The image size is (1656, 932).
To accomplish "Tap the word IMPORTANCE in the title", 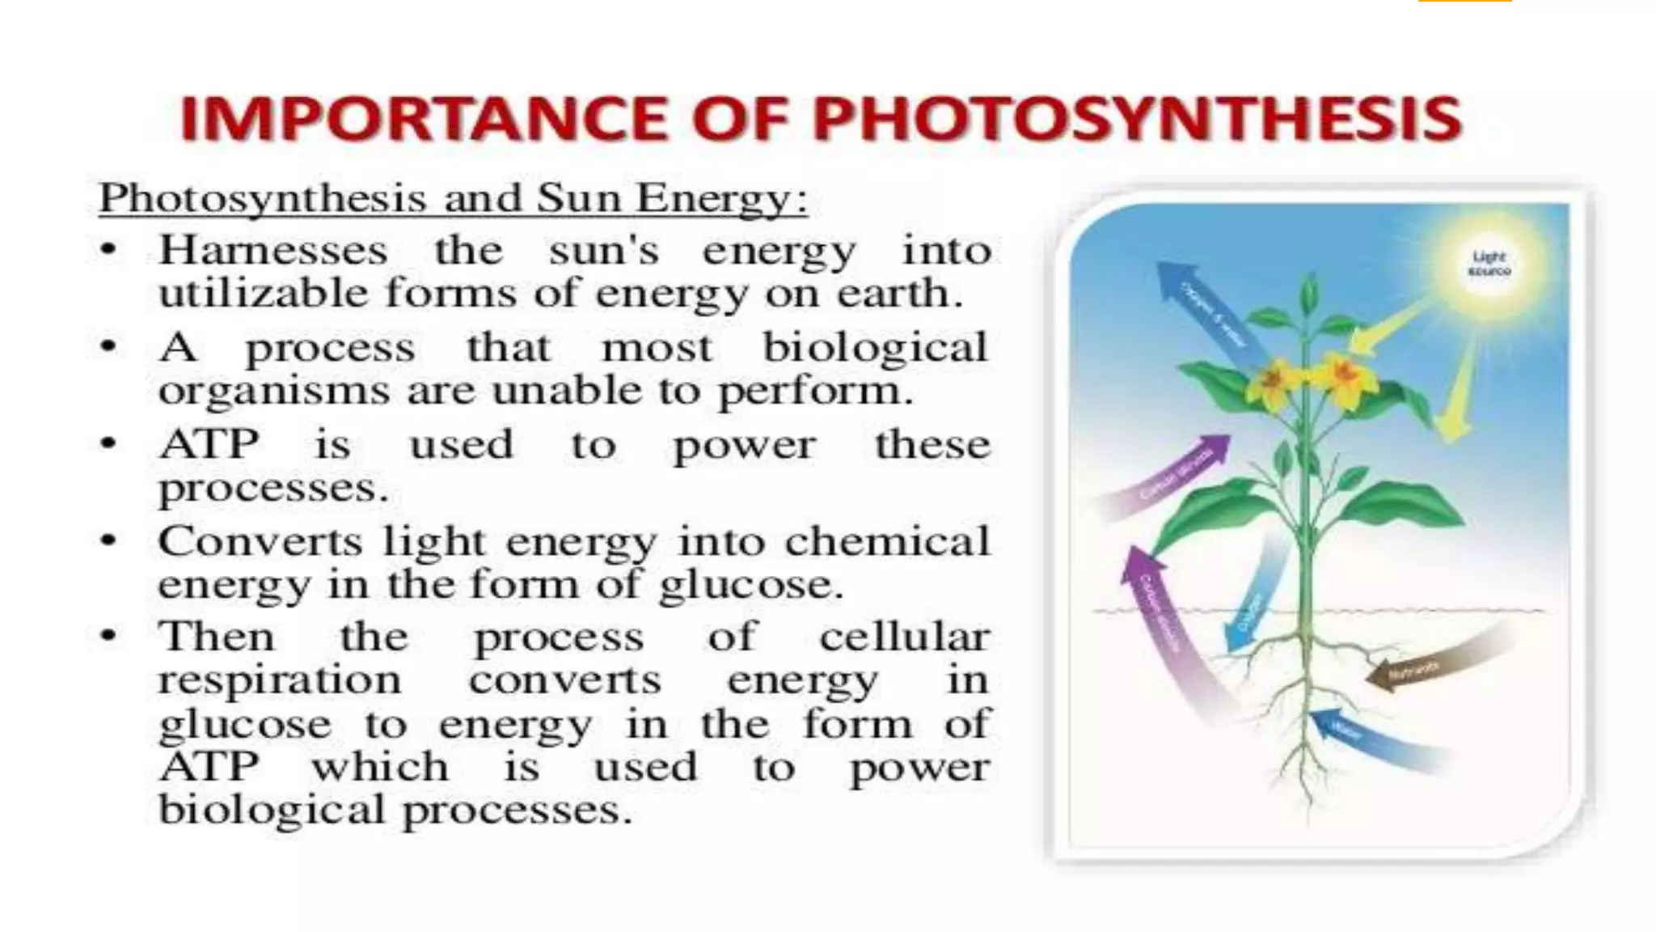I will (x=421, y=119).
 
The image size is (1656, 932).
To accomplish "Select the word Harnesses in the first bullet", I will (x=272, y=250).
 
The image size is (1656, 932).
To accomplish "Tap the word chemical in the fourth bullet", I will (x=887, y=540).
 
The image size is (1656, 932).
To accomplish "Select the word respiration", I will (x=280, y=680).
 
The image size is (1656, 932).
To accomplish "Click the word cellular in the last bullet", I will (x=904, y=637).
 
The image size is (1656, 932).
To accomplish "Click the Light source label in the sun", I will (x=1489, y=264).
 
